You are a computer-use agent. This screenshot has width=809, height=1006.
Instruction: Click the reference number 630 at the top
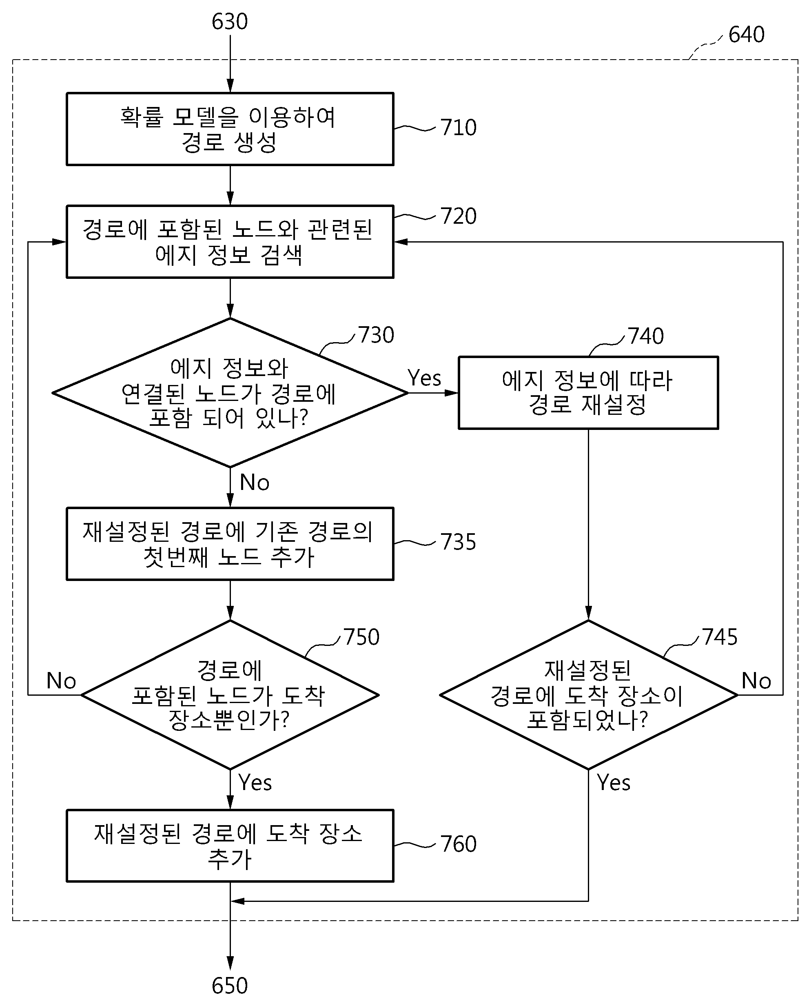pyautogui.click(x=229, y=22)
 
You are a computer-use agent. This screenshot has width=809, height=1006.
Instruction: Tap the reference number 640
pyautogui.click(x=747, y=35)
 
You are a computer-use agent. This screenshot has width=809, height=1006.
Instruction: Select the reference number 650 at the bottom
pyautogui.click(x=229, y=986)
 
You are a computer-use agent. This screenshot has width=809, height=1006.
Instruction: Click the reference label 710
pyautogui.click(x=459, y=127)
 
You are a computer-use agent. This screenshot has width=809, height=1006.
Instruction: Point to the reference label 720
pyautogui.click(x=459, y=216)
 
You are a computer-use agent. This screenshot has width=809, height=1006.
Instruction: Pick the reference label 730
pyautogui.click(x=376, y=335)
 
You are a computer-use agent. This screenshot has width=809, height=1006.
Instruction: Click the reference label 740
pyautogui.click(x=646, y=336)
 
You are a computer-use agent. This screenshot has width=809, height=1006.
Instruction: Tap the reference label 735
pyautogui.click(x=459, y=542)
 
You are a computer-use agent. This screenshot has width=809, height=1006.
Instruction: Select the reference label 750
pyautogui.click(x=361, y=637)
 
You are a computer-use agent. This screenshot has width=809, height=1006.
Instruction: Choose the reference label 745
pyautogui.click(x=720, y=637)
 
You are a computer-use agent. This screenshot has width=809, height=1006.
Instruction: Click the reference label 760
pyautogui.click(x=459, y=844)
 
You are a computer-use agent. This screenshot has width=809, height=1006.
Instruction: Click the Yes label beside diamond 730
pyautogui.click(x=424, y=378)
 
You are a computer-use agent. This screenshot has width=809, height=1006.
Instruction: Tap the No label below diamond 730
pyautogui.click(x=255, y=483)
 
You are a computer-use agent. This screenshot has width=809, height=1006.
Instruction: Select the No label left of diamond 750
pyautogui.click(x=61, y=681)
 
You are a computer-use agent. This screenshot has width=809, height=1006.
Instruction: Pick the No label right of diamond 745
pyautogui.click(x=756, y=681)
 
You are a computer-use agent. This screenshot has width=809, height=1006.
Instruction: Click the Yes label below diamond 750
pyautogui.click(x=255, y=783)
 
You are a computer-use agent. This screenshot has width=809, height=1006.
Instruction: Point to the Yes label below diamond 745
pyautogui.click(x=614, y=783)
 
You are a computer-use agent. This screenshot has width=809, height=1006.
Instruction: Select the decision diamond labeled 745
pyautogui.click(x=588, y=695)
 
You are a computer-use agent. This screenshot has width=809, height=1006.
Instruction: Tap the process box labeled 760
pyautogui.click(x=230, y=846)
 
